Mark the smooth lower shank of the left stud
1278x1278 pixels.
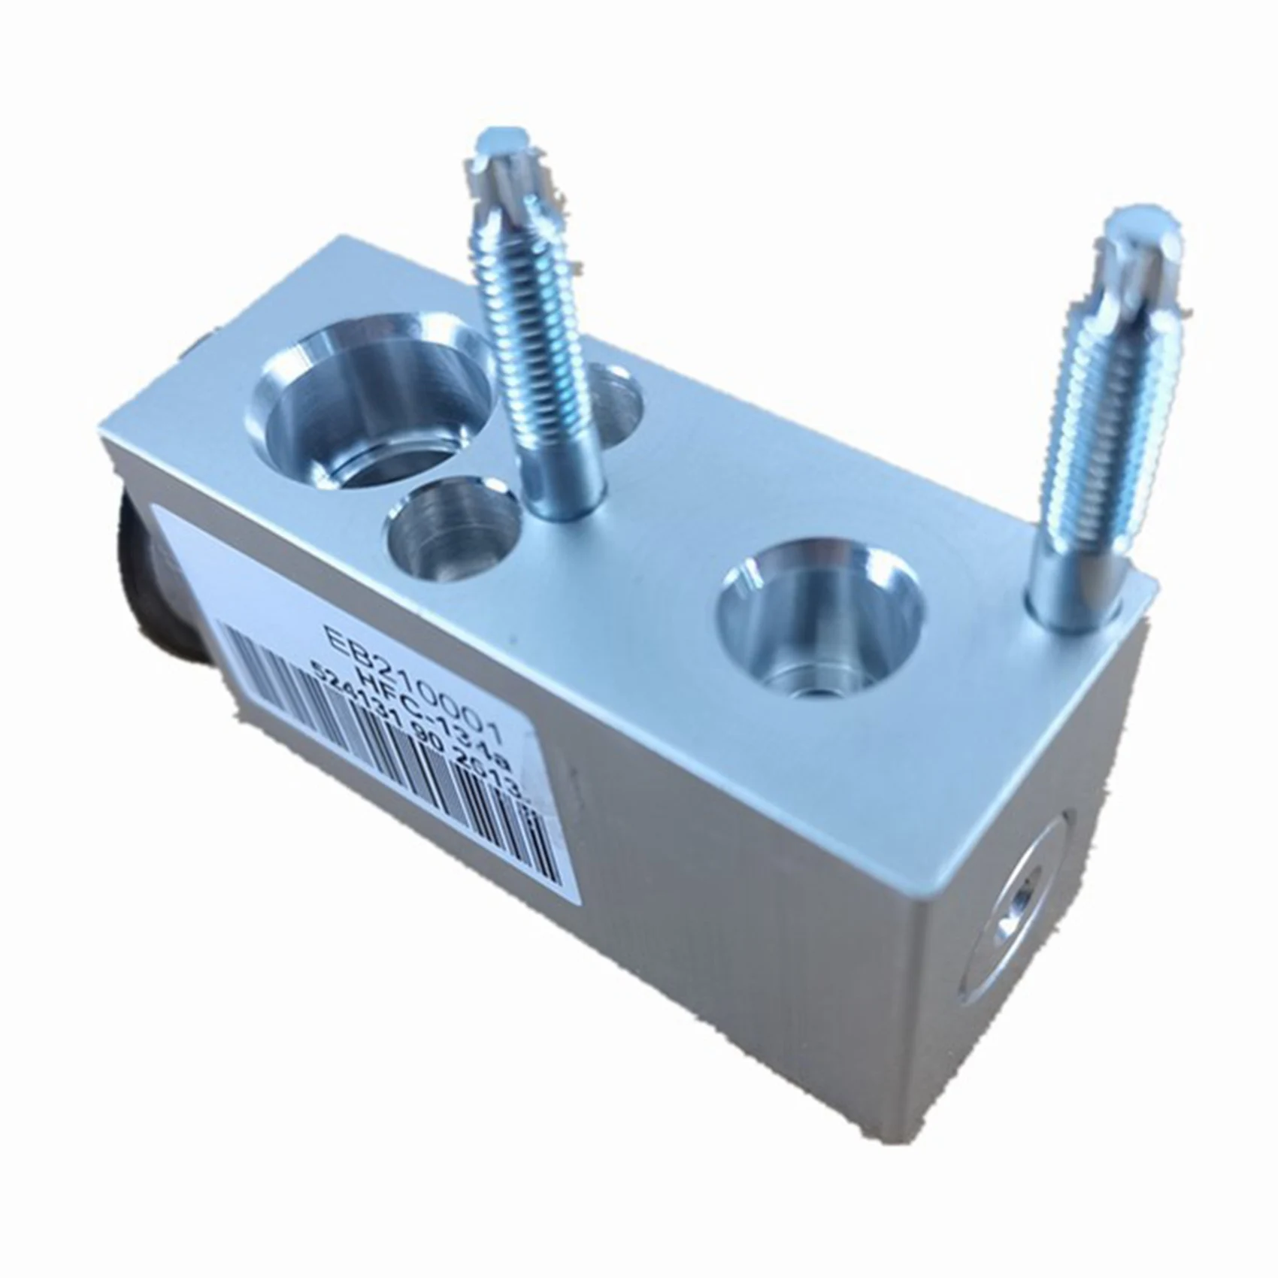tap(560, 466)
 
